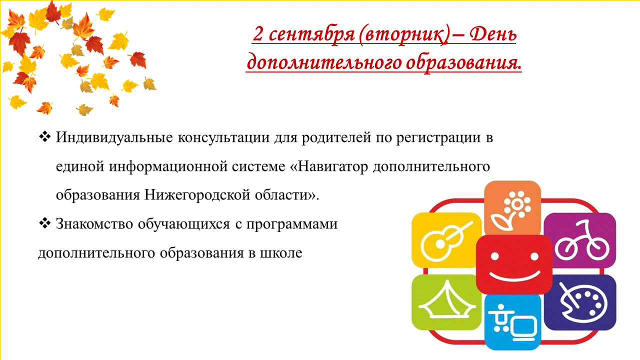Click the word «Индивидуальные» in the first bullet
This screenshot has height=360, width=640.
click(x=114, y=138)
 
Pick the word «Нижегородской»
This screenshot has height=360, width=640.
click(x=197, y=195)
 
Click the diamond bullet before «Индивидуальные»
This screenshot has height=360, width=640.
click(x=44, y=137)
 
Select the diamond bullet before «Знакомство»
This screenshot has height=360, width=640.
click(x=44, y=223)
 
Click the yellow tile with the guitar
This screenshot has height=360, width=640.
click(x=445, y=240)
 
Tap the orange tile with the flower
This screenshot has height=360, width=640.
click(x=512, y=207)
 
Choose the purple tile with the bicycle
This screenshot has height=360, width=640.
click(x=580, y=240)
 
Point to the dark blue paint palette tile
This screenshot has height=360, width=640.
click(x=580, y=302)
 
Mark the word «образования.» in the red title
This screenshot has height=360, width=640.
click(x=464, y=63)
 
